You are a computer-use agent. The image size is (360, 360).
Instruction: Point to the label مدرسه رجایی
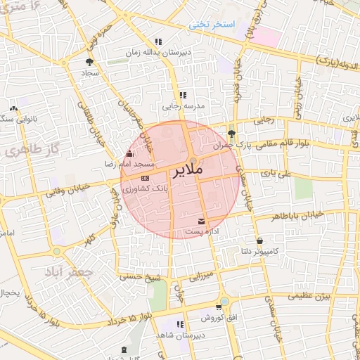[x=183, y=106]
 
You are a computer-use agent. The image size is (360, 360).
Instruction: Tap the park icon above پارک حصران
[x=232, y=133]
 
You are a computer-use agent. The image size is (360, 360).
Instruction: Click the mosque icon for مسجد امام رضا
[x=128, y=154]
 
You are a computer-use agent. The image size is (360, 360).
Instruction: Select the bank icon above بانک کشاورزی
[x=146, y=178]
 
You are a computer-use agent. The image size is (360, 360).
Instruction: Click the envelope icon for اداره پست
[x=202, y=221]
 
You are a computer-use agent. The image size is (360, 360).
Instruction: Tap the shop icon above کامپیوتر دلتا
[x=260, y=240]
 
